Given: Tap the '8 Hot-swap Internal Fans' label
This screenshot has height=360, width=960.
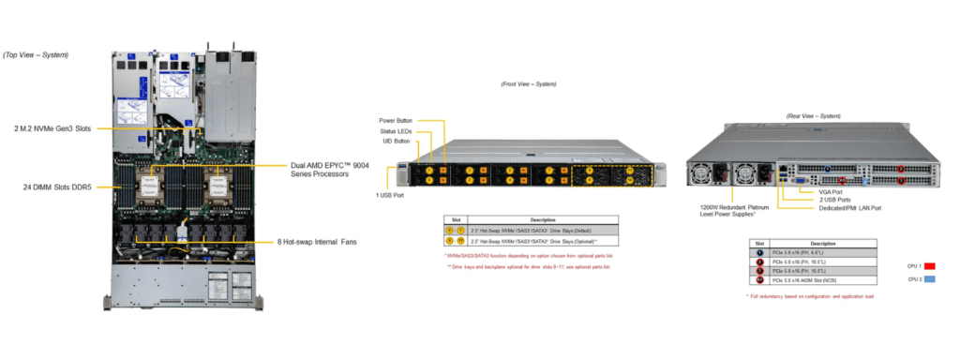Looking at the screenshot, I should (x=309, y=243).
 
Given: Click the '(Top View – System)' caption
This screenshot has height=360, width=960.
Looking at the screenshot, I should (x=35, y=54).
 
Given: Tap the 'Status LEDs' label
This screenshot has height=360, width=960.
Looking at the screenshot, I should (x=396, y=131).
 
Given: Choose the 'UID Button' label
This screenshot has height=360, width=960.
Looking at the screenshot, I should (x=396, y=142).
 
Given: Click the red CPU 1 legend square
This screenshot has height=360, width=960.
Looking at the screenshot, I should (x=930, y=266).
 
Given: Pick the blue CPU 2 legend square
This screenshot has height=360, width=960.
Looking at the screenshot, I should (x=930, y=280).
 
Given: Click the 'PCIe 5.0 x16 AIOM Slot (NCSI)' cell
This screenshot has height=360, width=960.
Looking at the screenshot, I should (x=817, y=279).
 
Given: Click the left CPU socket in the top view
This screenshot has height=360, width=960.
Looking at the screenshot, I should (x=149, y=187).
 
